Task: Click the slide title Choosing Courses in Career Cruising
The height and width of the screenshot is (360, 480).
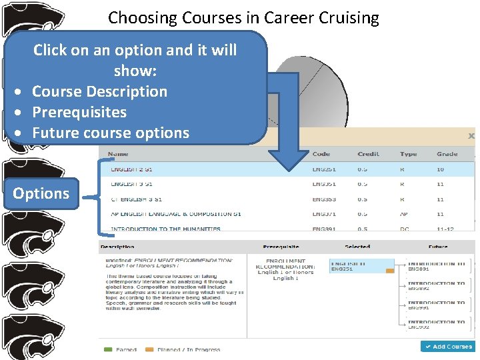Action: pos(243,18)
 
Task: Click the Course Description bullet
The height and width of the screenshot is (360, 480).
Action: pos(99,91)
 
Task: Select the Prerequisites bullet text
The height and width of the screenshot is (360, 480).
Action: pos(79,112)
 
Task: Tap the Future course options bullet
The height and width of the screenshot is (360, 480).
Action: pos(110,133)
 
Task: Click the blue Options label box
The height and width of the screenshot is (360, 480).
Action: pos(41,193)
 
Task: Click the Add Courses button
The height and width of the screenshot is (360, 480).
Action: pos(447,347)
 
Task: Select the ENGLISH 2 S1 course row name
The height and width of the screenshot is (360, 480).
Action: pos(131,169)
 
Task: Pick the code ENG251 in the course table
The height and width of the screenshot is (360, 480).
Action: pos(324,169)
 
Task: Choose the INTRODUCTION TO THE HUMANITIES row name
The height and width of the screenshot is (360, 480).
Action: pos(165,229)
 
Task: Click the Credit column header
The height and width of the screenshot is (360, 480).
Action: pos(368,154)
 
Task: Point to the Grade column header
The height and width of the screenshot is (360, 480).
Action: pos(447,154)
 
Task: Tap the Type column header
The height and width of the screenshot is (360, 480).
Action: pos(408,154)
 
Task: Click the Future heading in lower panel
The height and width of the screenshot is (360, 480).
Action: pos(438,247)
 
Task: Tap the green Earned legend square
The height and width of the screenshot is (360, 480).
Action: pos(107,349)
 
